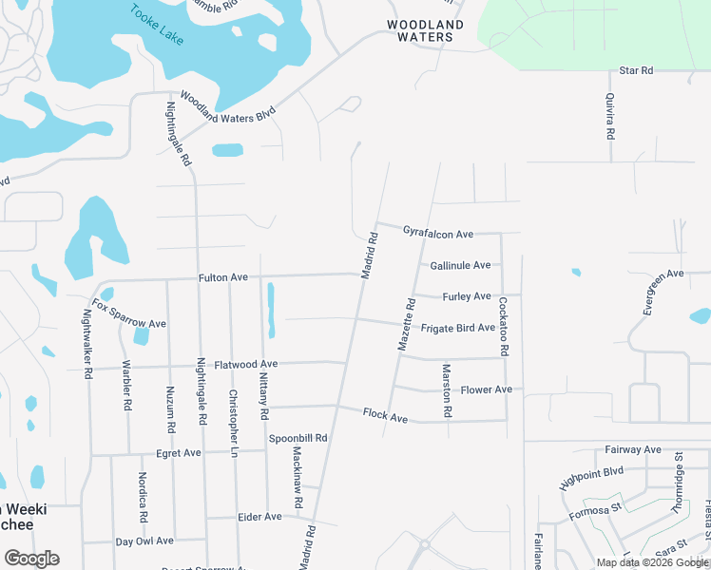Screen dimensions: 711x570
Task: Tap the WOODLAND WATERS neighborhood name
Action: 425,30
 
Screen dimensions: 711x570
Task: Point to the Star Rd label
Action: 636,70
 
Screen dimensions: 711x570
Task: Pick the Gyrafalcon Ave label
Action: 437,233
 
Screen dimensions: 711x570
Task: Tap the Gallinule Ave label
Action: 460,265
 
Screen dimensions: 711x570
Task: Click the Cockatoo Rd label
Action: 503,326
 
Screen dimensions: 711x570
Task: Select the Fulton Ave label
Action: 222,277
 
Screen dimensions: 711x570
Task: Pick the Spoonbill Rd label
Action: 298,438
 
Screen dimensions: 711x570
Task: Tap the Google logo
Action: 31,559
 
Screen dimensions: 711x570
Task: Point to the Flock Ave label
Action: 385,416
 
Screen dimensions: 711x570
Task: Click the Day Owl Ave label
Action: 144,541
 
